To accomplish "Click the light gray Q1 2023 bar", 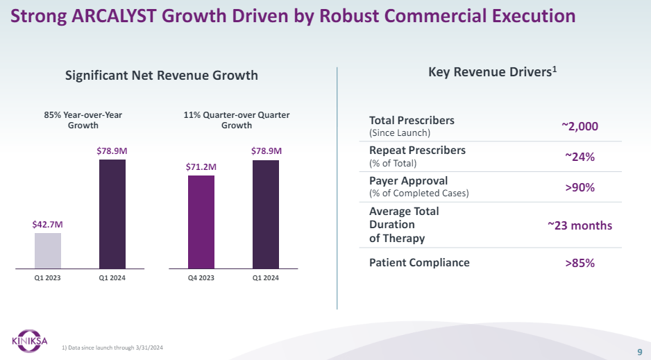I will [x=48, y=250].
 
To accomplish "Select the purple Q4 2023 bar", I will [x=201, y=221].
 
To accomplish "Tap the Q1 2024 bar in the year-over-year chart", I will [x=112, y=214].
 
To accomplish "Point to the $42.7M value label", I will [x=47, y=224].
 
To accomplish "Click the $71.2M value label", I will [x=201, y=166].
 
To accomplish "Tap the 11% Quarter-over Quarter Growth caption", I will [x=237, y=120].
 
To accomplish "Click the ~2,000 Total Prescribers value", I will [x=580, y=126].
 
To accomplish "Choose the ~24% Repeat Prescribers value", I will [x=580, y=157].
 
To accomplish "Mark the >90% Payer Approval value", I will [x=580, y=187].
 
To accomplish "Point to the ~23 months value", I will [x=580, y=225].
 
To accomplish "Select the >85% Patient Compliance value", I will [x=580, y=263].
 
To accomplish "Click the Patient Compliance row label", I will [x=419, y=262].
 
